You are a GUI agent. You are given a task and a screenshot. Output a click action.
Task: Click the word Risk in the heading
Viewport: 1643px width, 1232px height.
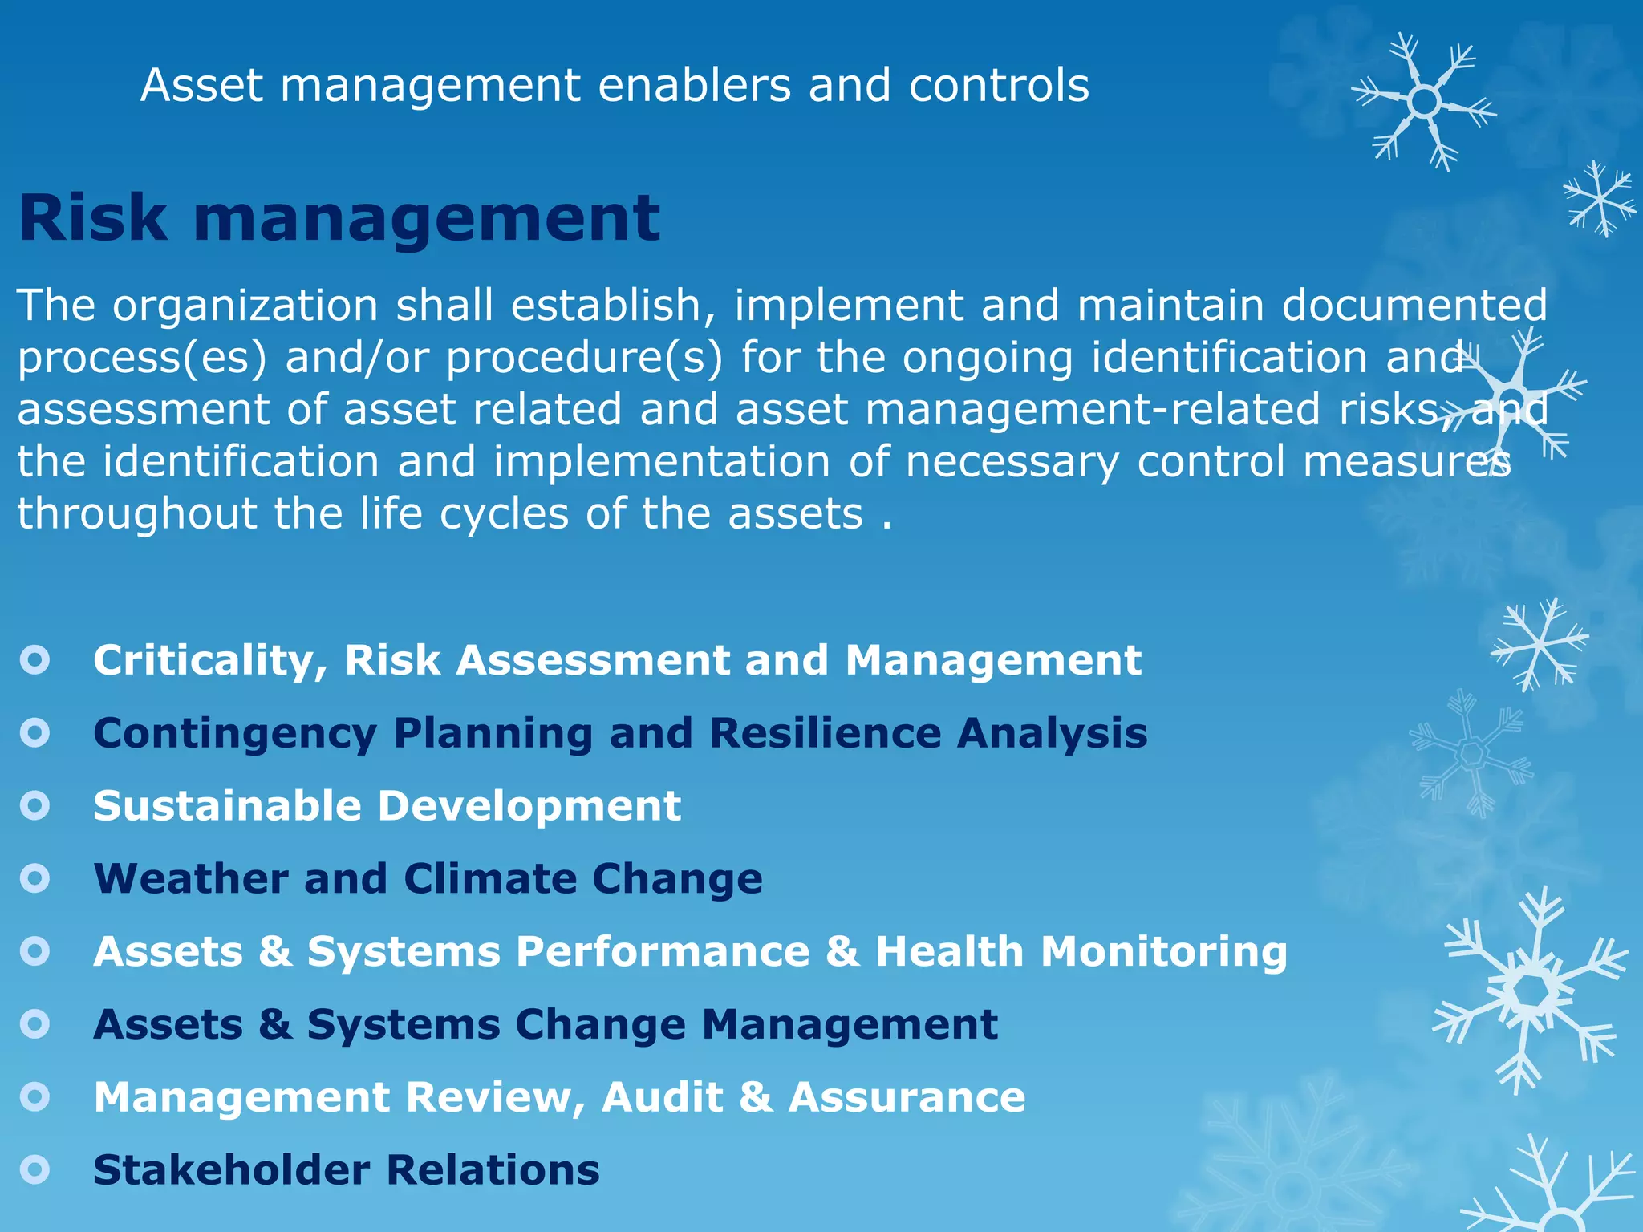(93, 218)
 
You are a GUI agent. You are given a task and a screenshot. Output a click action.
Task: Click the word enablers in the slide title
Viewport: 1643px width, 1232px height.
(695, 86)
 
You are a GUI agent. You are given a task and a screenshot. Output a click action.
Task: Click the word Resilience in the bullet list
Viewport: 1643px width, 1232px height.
(825, 733)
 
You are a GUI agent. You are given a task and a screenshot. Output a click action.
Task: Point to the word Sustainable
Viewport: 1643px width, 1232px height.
(227, 805)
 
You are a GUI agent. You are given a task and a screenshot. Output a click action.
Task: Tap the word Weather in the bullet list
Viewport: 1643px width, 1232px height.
(190, 878)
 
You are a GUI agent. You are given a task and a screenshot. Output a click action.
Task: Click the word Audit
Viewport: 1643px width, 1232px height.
(662, 1097)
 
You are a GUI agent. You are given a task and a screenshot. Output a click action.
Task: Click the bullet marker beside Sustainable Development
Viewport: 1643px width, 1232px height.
(35, 805)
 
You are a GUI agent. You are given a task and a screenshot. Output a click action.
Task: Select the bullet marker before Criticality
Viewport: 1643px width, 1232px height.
(35, 661)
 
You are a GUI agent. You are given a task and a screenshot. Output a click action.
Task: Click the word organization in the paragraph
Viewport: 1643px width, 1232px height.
(245, 306)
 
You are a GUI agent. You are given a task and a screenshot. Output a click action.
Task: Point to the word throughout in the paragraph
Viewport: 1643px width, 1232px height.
(136, 513)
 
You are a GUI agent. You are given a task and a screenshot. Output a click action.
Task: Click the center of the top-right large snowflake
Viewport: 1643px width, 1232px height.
(1424, 102)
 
